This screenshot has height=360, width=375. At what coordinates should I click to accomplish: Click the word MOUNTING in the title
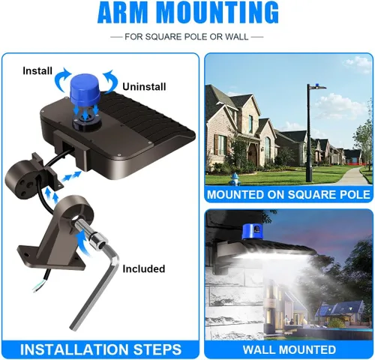tap(219, 13)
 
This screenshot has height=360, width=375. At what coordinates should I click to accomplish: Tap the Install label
tap(37, 70)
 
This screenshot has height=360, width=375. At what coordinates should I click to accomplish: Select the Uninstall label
tap(144, 87)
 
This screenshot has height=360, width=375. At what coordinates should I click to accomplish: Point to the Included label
tap(144, 268)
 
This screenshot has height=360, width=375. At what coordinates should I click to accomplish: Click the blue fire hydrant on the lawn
tap(234, 178)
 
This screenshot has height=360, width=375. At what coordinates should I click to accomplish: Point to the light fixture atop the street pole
tap(317, 87)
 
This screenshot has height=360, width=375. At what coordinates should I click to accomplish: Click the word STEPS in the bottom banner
tap(157, 349)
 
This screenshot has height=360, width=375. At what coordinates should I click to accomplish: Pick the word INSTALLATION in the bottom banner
tap(74, 349)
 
